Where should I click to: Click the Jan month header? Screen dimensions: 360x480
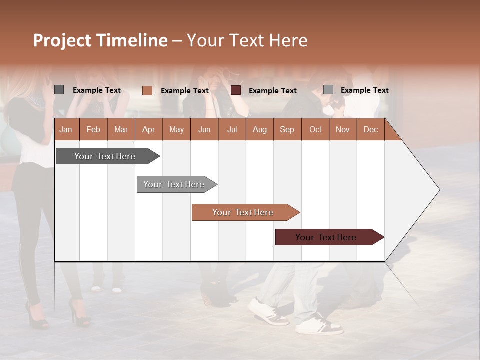pos(66,129)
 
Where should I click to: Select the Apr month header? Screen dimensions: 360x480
pos(148,129)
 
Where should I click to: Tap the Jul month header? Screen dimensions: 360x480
pos(232,129)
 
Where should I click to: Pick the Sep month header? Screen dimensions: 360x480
pos(287,129)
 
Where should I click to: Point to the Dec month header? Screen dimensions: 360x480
pos(370,129)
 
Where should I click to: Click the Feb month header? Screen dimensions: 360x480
pos(93,129)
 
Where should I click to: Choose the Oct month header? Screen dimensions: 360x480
pos(315,129)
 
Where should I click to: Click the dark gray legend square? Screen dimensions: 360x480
pos(59,90)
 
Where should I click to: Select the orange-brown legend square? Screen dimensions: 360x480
pos(147,90)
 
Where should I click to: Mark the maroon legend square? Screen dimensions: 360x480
pos(236,90)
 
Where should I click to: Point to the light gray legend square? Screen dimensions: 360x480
pos(328,90)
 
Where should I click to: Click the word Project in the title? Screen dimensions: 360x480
pos(63,40)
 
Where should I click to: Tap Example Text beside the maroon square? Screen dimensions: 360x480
pos(272,91)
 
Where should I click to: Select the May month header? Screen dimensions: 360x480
pos(176,129)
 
